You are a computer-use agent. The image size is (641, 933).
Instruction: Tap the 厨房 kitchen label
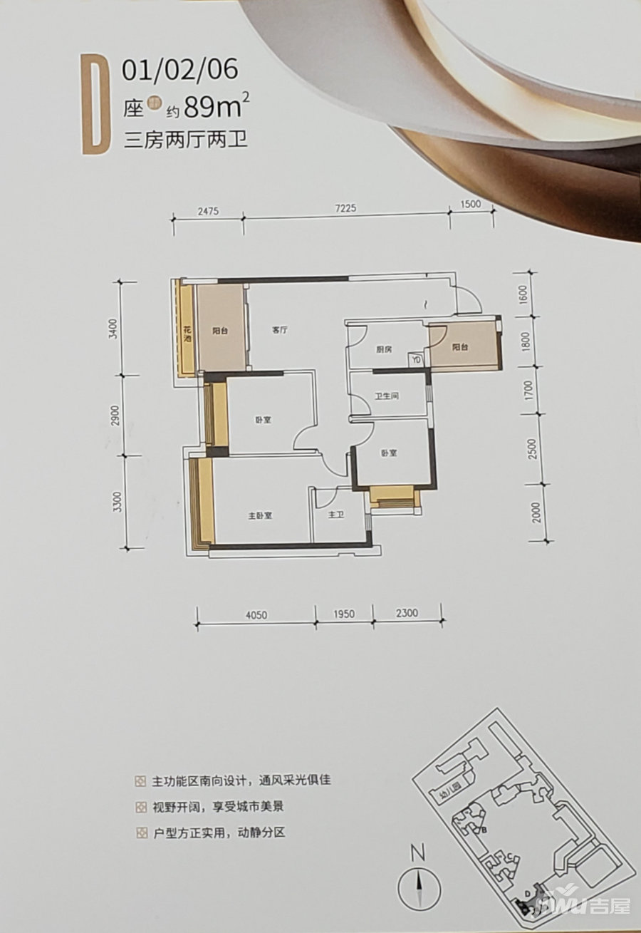(x=384, y=349)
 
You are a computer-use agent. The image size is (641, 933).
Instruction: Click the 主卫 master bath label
(x=337, y=514)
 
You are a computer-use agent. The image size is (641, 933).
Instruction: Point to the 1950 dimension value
(x=343, y=614)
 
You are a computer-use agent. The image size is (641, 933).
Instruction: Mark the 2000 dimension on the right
(x=537, y=512)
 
